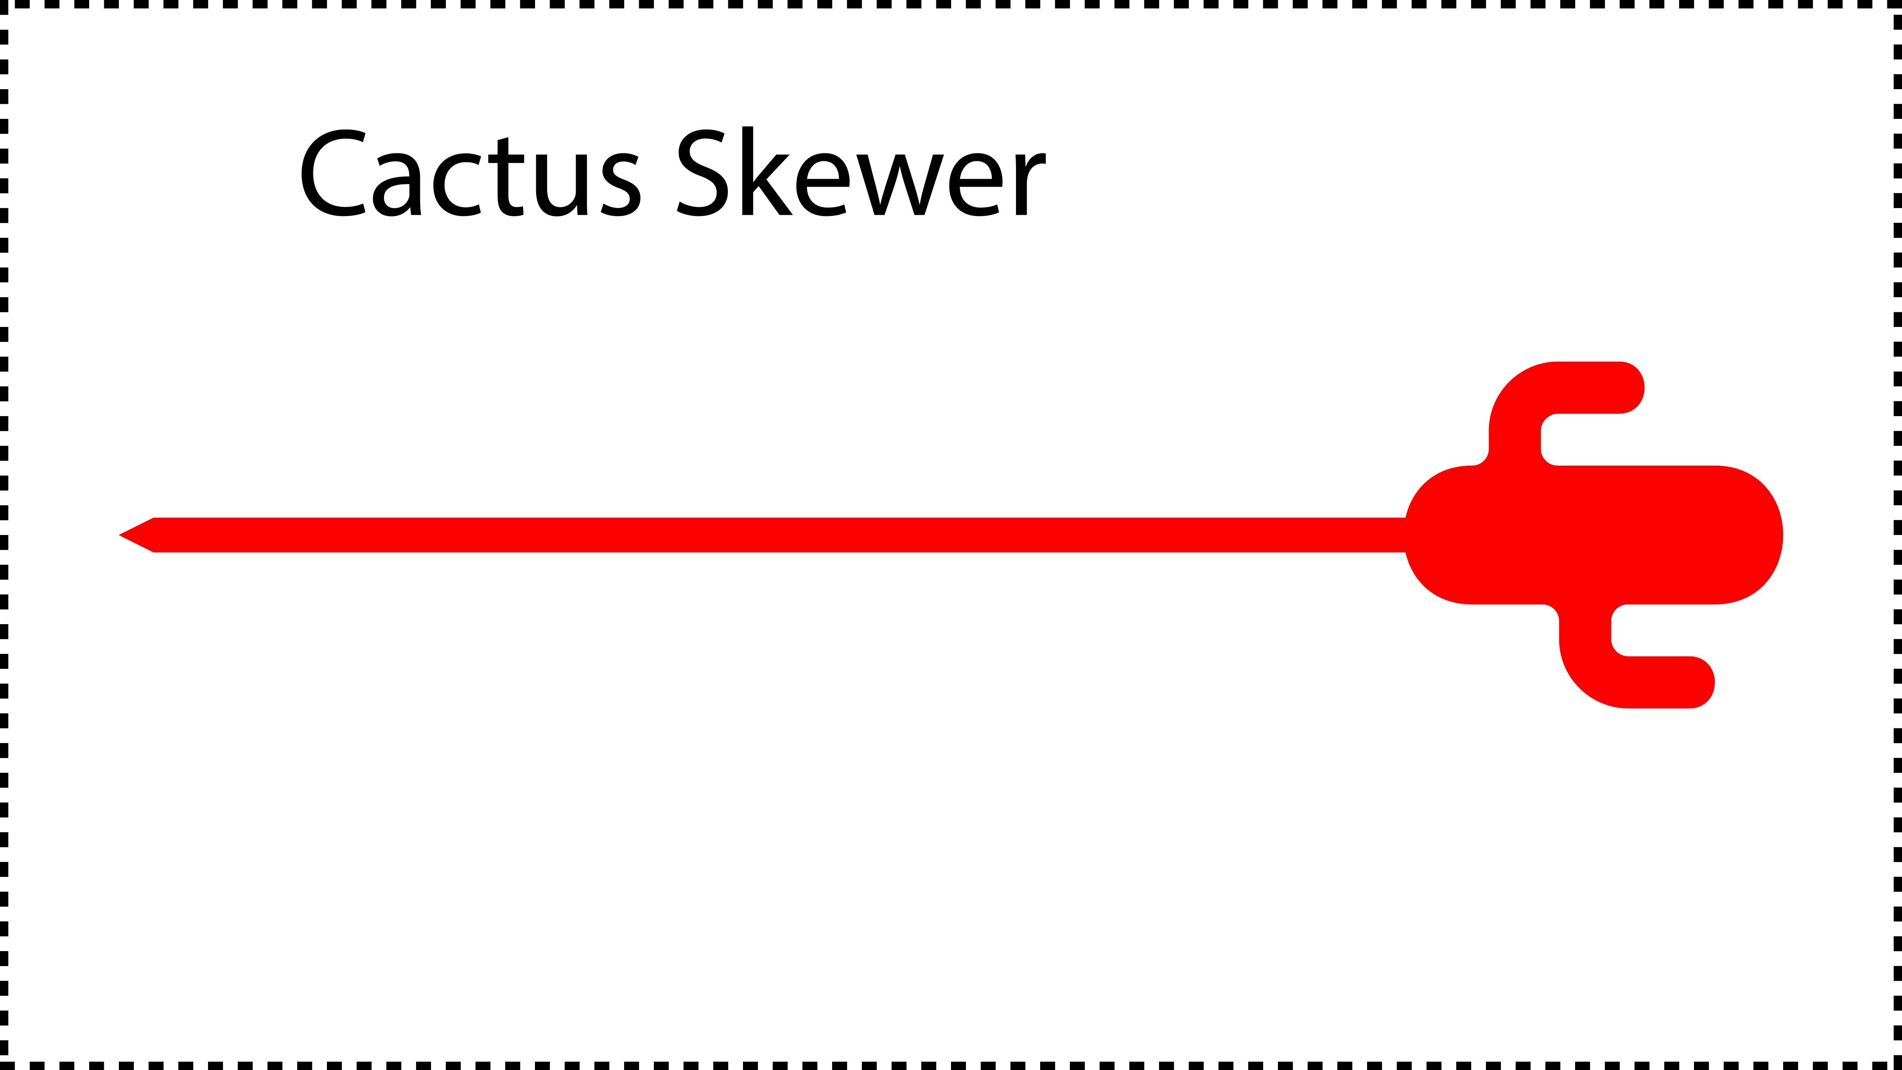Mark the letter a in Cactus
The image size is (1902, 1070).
(x=397, y=185)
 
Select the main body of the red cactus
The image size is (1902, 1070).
(x=1595, y=535)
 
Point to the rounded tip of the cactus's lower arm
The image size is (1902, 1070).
(x=1712, y=682)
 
